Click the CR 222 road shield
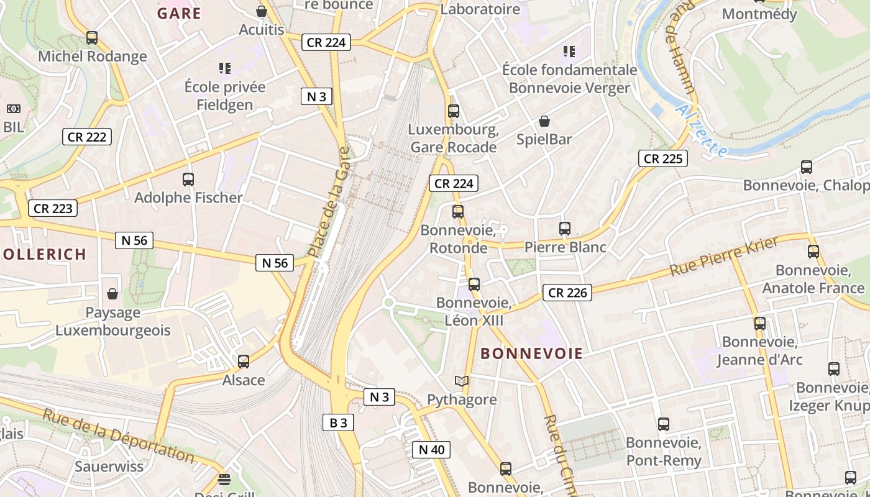[x=87, y=137]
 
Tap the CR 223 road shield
[x=53, y=209]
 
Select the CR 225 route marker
[x=663, y=159]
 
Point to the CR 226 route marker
[x=567, y=293]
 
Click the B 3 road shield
[x=338, y=423]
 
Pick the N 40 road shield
[x=431, y=450]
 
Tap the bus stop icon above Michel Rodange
[x=92, y=38]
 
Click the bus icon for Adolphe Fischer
[x=188, y=180]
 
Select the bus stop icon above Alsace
[x=244, y=362]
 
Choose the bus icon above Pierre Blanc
[x=565, y=229]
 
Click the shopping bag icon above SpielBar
[x=544, y=121]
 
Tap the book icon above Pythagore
[x=462, y=381]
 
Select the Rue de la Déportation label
[x=118, y=435]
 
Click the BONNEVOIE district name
[x=532, y=354]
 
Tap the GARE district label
[x=179, y=14]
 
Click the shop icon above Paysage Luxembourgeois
[x=112, y=293]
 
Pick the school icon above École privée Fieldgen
[x=225, y=68]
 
